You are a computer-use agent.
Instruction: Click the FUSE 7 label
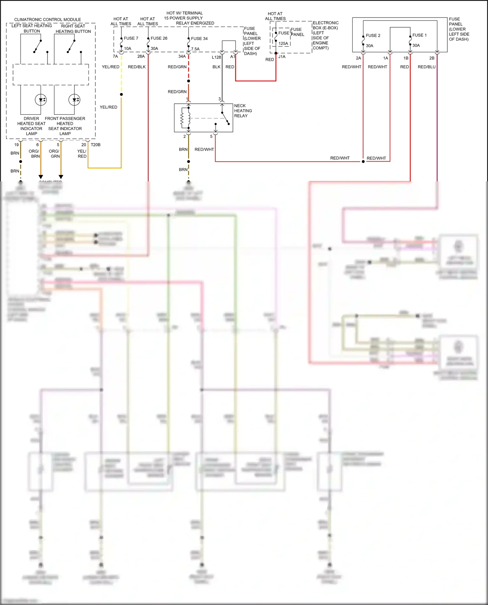(131, 38)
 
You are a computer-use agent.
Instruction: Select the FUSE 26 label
(159, 38)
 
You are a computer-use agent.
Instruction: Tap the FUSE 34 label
(199, 39)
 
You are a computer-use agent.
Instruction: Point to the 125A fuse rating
(283, 44)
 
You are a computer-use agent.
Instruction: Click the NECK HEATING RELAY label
(243, 111)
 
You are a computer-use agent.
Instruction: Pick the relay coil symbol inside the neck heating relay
(183, 118)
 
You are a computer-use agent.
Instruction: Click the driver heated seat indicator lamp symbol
(41, 100)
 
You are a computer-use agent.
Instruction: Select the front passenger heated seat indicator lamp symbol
(75, 100)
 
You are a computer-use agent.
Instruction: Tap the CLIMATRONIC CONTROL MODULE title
(47, 20)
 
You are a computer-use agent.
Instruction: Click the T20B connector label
(96, 145)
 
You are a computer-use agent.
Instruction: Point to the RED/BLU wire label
(427, 67)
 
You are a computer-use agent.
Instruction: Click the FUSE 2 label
(373, 35)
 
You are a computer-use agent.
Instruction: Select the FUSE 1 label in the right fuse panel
(419, 35)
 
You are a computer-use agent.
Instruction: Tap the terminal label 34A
(182, 57)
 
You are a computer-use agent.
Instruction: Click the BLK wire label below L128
(216, 67)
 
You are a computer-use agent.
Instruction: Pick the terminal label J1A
(282, 57)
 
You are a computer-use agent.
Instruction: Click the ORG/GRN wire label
(55, 154)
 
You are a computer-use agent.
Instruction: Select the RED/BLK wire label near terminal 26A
(137, 67)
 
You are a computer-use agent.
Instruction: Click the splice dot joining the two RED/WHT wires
(363, 162)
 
